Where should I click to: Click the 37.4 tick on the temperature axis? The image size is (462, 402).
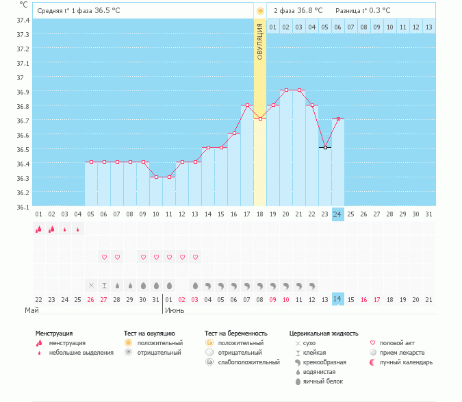click(23, 21)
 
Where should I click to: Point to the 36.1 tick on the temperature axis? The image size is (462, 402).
click(23, 208)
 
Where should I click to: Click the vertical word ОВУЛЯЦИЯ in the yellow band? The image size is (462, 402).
click(259, 42)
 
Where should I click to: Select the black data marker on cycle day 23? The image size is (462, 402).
click(325, 147)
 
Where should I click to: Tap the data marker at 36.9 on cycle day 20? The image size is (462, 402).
click(286, 90)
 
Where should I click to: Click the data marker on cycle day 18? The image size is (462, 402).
click(260, 118)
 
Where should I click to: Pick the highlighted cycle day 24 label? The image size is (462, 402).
click(337, 214)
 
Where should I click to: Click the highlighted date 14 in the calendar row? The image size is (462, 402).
click(337, 299)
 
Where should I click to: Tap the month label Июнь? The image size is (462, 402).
click(175, 310)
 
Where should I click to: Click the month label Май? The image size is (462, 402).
click(31, 310)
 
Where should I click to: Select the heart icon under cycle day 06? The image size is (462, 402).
click(104, 257)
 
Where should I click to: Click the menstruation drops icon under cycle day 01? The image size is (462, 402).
click(38, 229)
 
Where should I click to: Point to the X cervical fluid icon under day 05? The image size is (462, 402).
click(91, 286)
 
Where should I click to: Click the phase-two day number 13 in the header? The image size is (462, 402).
click(428, 27)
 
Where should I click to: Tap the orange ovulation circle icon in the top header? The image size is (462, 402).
click(260, 11)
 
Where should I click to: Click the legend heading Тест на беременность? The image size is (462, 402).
click(235, 334)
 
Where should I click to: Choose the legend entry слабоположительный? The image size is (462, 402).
click(248, 362)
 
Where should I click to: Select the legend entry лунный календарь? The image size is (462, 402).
click(406, 362)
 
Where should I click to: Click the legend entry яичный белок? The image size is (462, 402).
click(323, 381)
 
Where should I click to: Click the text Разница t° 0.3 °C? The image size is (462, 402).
click(363, 11)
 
